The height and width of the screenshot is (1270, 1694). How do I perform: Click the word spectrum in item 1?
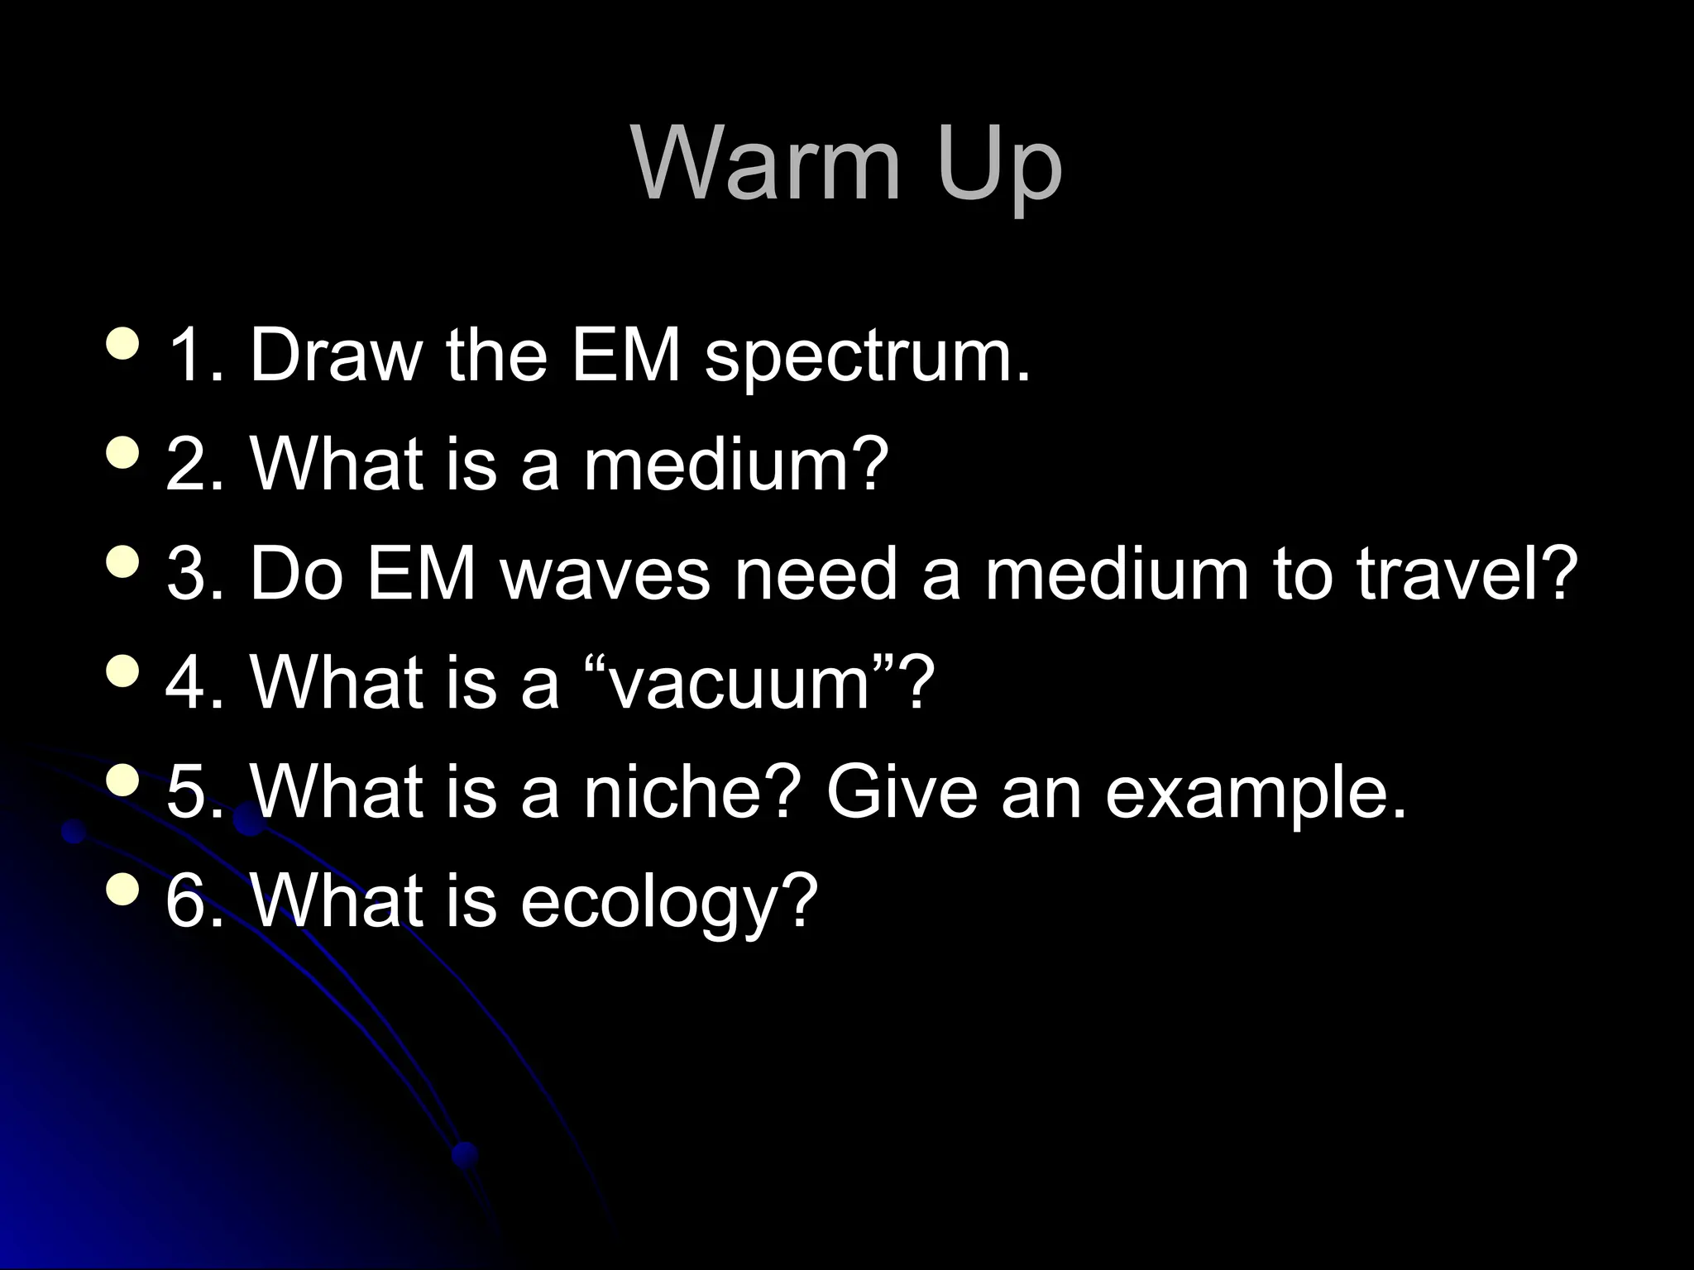coord(868,357)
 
